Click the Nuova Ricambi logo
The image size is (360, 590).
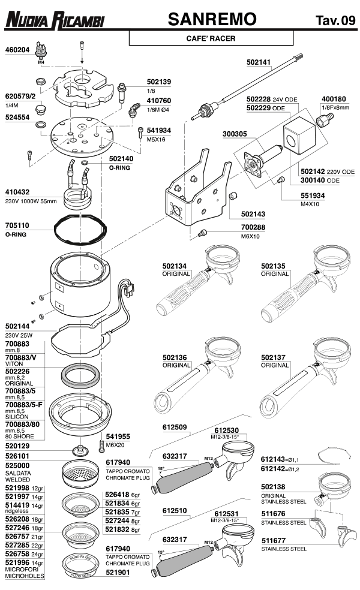(55, 22)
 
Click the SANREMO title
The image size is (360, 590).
(213, 19)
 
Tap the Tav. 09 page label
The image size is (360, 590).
(335, 22)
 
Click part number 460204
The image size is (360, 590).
(17, 50)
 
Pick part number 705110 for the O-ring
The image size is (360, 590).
(17, 227)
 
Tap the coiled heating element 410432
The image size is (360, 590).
(77, 197)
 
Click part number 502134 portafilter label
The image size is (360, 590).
(175, 266)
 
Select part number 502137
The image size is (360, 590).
(274, 357)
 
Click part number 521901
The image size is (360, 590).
(117, 572)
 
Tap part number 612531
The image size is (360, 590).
(227, 513)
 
